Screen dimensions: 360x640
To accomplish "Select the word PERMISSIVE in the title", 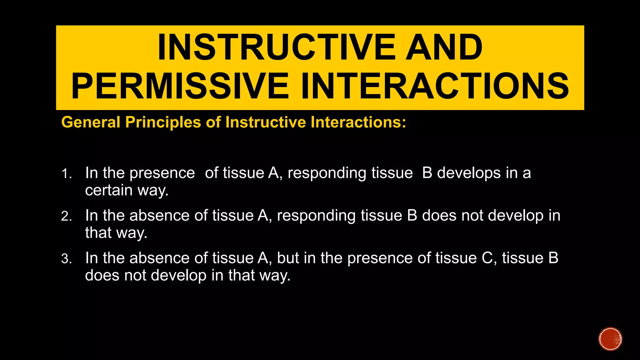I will pos(180,86).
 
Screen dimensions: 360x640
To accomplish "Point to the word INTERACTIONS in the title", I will pos(435,86).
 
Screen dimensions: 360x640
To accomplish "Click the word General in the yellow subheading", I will pos(91,122).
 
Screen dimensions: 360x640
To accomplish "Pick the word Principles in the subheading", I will pos(163,122).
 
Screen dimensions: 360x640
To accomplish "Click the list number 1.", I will pos(66,174).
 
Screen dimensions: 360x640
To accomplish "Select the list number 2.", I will pos(66,217).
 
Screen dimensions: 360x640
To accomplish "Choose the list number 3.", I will pos(66,259).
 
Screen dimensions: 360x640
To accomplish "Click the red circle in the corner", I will pos(610,339).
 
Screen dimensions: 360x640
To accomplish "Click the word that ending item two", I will pos(98,233).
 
